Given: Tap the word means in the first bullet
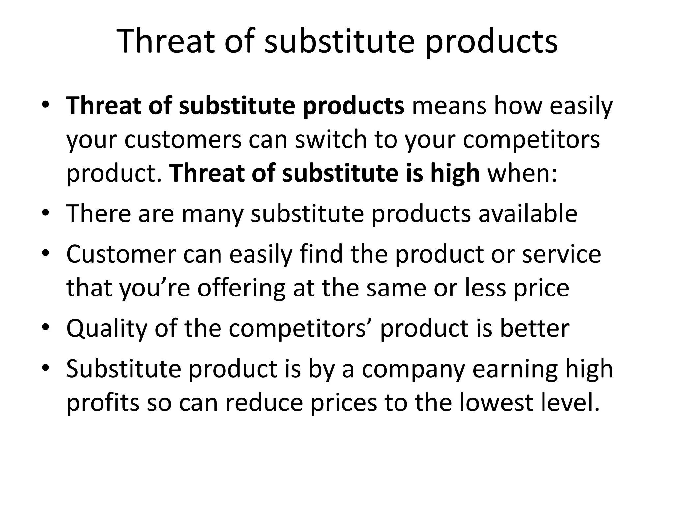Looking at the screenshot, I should [449, 106].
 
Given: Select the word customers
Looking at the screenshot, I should [183, 140].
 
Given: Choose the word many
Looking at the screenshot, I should [212, 214].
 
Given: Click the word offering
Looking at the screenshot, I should [241, 289].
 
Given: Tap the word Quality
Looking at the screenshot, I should [106, 329].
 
